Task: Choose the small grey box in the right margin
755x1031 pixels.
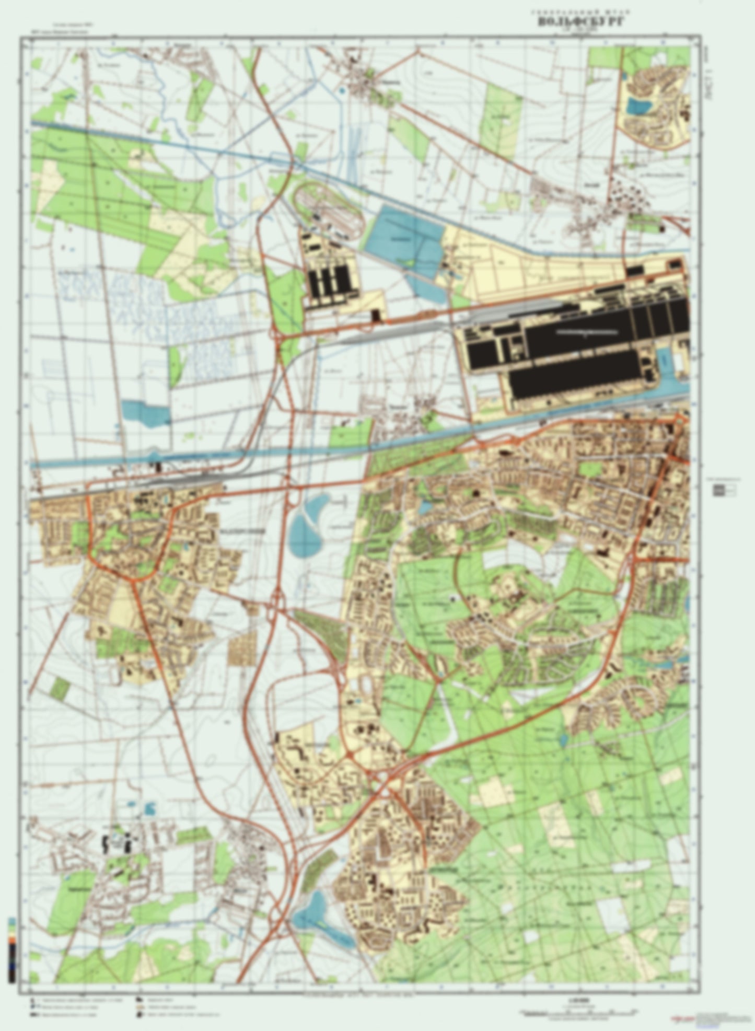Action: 723,489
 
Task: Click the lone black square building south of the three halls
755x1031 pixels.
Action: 376,315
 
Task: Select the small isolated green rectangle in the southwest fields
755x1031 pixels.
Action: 60,688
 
